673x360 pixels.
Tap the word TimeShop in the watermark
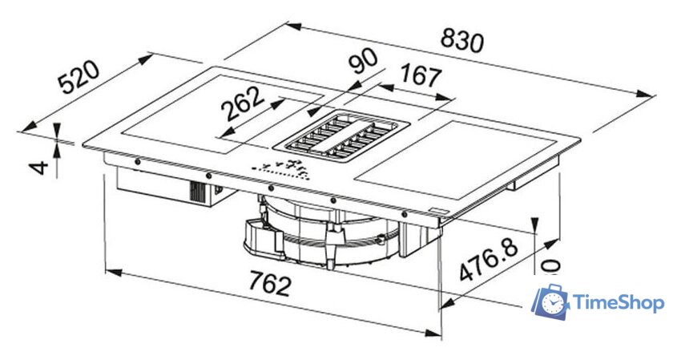tap(619, 303)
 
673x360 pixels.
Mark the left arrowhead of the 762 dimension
tap(111, 273)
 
